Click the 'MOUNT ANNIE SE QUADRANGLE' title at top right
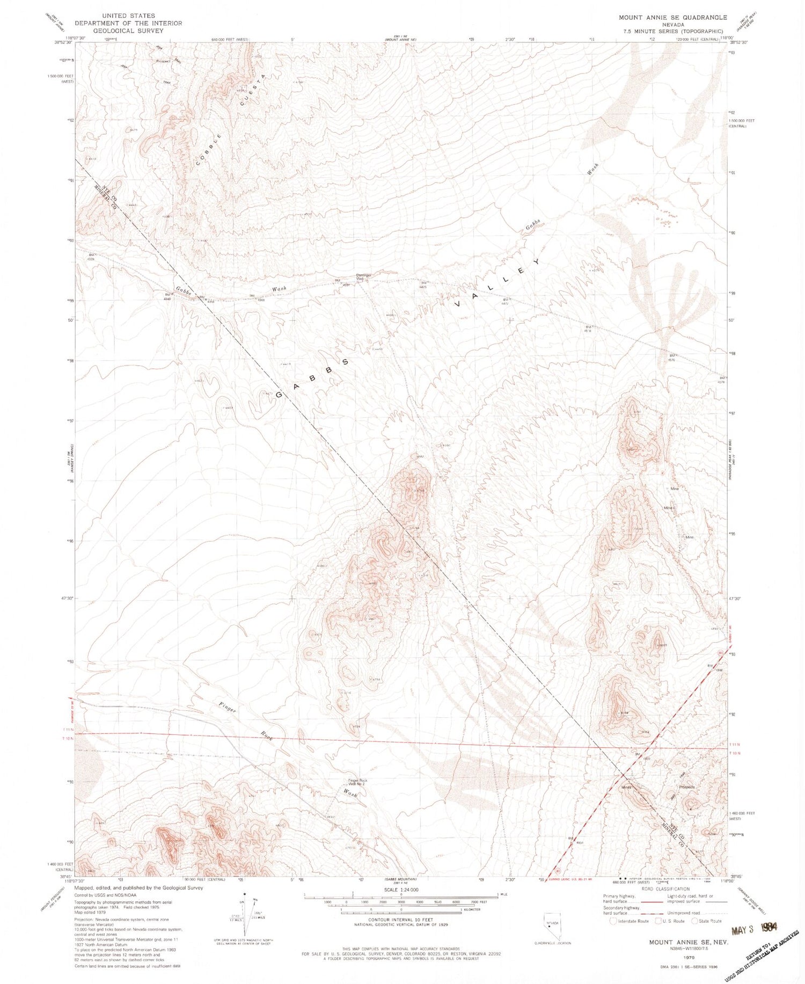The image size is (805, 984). coord(672,17)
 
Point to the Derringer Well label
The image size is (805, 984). coord(364,277)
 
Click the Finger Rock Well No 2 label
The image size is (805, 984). coord(356,782)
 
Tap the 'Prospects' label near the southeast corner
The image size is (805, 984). coord(686,787)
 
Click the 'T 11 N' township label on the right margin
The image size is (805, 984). coord(735,745)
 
